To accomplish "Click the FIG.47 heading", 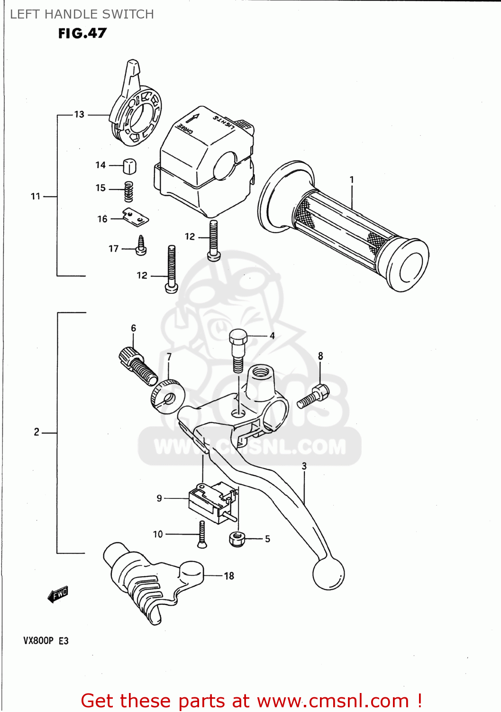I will click(x=82, y=33).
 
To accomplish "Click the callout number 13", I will click(x=79, y=114).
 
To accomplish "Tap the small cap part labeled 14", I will click(x=129, y=166).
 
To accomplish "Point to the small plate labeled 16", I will click(x=136, y=217).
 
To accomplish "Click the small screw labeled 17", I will click(x=141, y=246).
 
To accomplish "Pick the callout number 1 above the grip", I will click(x=352, y=180).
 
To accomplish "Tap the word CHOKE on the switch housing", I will click(x=185, y=129).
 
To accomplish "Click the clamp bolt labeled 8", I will click(x=313, y=397).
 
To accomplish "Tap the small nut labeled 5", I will click(x=237, y=538).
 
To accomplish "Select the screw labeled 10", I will click(x=202, y=534).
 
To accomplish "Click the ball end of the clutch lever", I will click(x=328, y=573).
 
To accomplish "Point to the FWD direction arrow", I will click(x=58, y=594).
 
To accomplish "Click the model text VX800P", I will click(x=38, y=640).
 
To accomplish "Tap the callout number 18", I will click(x=229, y=576).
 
